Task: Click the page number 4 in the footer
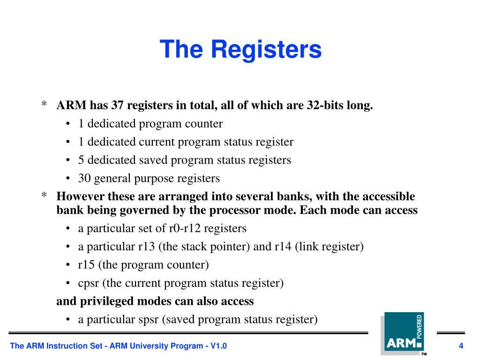(x=461, y=346)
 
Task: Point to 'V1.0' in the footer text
(x=218, y=346)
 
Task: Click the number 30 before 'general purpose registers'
(x=84, y=178)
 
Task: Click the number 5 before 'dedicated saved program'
(x=81, y=160)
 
